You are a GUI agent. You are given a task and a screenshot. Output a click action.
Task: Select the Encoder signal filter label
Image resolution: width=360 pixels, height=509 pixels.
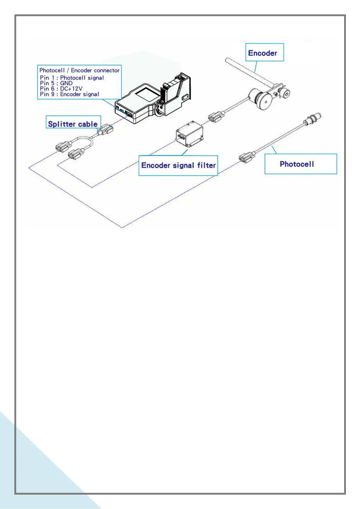pyautogui.click(x=178, y=165)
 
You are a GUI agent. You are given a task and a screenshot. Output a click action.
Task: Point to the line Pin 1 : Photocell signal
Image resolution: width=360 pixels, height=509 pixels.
pyautogui.click(x=72, y=78)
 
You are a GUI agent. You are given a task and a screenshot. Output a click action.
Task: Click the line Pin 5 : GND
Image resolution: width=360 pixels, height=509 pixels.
pyautogui.click(x=56, y=83)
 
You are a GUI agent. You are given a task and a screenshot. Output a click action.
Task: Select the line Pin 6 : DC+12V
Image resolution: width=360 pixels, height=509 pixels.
pyautogui.click(x=61, y=89)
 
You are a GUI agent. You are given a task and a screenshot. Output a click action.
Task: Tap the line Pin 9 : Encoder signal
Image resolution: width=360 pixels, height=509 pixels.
pyautogui.click(x=70, y=94)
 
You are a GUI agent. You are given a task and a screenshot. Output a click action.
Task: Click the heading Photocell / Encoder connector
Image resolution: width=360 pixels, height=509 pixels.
pyautogui.click(x=79, y=70)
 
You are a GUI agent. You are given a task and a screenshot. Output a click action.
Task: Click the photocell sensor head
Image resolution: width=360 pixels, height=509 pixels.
pyautogui.click(x=313, y=118)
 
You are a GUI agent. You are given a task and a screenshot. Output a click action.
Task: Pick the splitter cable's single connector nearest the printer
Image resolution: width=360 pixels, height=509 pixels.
pyautogui.click(x=106, y=129)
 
